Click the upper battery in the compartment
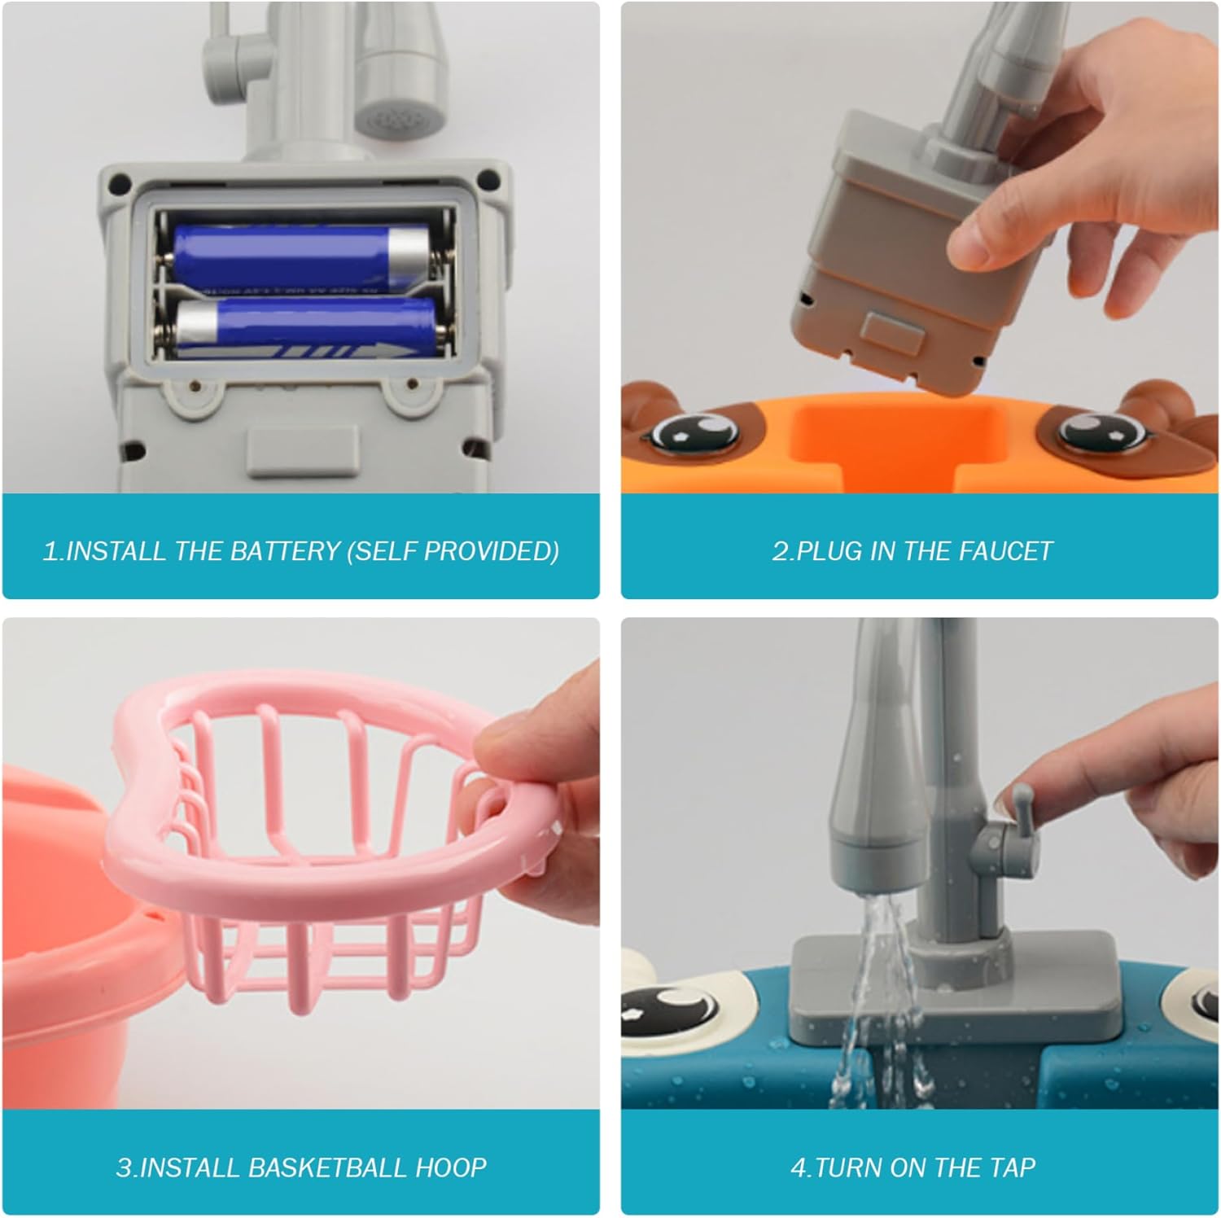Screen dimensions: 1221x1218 tap(301, 259)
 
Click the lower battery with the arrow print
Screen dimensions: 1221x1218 tap(305, 327)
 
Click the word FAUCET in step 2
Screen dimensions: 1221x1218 tap(1006, 551)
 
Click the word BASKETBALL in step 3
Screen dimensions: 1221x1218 tap(327, 1168)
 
